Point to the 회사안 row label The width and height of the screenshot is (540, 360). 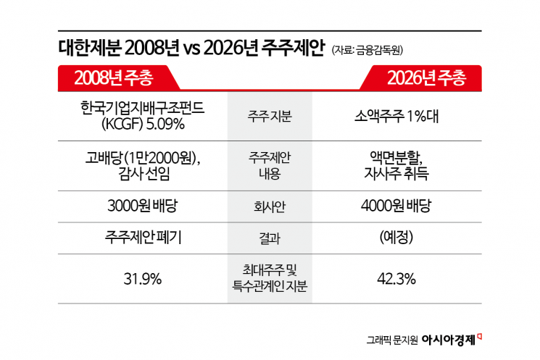(x=269, y=206)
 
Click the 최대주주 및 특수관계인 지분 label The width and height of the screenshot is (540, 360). (x=269, y=279)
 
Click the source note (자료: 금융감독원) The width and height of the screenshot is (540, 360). (x=367, y=50)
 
